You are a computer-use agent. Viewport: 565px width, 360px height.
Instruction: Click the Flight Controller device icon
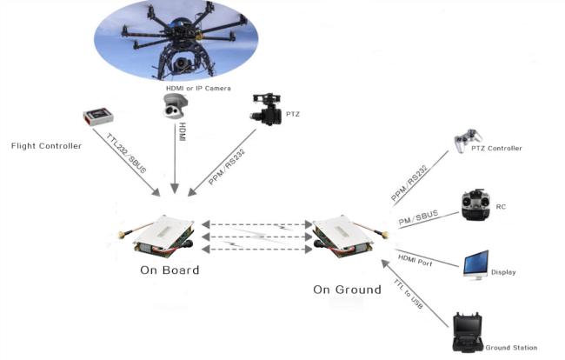pos(98,116)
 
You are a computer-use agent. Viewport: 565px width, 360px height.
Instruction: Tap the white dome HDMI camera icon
pos(175,105)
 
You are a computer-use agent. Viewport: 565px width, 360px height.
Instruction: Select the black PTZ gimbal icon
pos(267,110)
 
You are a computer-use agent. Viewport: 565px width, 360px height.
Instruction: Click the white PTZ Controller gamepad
pos(468,140)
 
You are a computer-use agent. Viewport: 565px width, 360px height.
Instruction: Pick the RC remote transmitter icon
pos(476,204)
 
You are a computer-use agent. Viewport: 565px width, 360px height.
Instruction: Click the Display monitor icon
pos(476,265)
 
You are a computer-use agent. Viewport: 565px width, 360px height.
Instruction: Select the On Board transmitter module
pos(158,236)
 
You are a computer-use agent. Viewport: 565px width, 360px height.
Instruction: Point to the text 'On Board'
pos(169,270)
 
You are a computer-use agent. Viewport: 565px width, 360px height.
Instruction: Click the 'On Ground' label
pos(347,290)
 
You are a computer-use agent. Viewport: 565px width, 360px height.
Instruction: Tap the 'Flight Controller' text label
pos(46,146)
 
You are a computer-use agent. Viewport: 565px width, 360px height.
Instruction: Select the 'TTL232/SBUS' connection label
pos(126,153)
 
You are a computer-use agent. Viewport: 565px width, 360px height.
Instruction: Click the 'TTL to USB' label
pos(408,294)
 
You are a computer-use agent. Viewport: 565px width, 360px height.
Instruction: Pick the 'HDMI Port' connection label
pos(415,260)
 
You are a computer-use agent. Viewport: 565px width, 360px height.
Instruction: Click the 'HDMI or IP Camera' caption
pos(198,89)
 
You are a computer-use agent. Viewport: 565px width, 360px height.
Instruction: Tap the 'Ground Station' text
pos(511,348)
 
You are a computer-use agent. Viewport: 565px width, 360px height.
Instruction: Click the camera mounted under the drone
pos(181,64)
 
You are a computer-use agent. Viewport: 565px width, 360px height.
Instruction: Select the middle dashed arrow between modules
pos(257,237)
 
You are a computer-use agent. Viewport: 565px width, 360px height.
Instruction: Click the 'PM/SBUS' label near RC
pos(418,217)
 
